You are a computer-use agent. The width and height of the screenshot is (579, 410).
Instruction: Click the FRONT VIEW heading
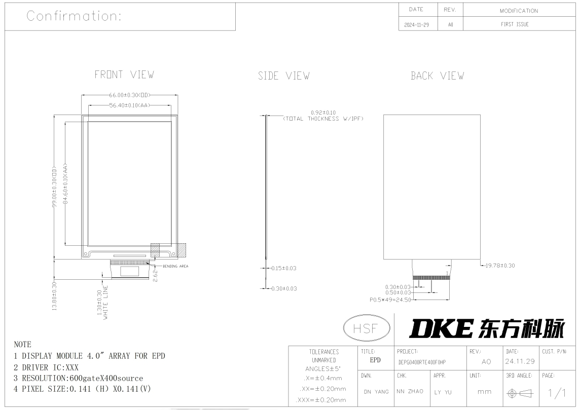pyautogui.click(x=124, y=74)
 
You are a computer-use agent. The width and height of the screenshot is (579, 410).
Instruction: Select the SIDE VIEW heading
pyautogui.click(x=283, y=76)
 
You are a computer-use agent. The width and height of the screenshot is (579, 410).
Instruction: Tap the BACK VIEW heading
pyautogui.click(x=437, y=76)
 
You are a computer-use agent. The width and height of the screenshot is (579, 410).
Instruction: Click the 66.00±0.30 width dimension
pyautogui.click(x=130, y=95)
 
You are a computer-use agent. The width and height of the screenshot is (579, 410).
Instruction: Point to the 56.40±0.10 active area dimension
pyautogui.click(x=130, y=105)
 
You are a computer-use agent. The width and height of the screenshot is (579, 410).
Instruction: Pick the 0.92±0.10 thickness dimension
pyautogui.click(x=323, y=113)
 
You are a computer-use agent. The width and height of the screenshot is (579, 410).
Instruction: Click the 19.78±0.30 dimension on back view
pyautogui.click(x=500, y=266)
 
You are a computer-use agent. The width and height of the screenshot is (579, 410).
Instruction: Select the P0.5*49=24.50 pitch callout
pyautogui.click(x=390, y=300)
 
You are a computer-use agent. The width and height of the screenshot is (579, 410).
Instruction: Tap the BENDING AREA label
pyautogui.click(x=175, y=266)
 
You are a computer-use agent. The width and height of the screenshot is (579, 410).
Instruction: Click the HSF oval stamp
pyautogui.click(x=366, y=328)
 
